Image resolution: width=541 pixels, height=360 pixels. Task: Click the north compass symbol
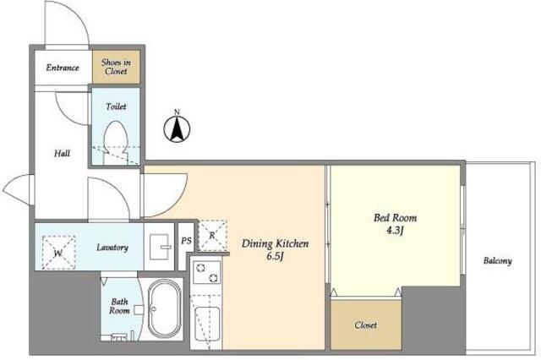[x=177, y=128]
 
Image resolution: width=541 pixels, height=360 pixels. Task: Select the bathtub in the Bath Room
[x=165, y=308]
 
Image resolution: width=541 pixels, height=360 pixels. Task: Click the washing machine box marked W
[x=58, y=252]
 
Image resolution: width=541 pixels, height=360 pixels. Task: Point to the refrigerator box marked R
[x=212, y=236]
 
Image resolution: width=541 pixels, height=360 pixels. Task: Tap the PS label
[x=186, y=240]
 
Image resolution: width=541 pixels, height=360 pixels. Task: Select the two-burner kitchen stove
[x=206, y=273]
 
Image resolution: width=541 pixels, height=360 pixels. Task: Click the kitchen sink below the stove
[x=207, y=324]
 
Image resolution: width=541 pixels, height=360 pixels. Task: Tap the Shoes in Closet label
[x=116, y=67]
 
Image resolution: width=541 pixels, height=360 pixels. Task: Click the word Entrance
[x=63, y=68]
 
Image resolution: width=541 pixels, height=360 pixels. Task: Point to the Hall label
[x=62, y=153]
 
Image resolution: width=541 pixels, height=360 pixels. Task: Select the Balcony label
[x=498, y=260]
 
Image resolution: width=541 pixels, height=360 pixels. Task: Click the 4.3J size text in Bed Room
[x=395, y=231]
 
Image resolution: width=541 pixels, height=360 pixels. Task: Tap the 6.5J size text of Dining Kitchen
[x=275, y=257]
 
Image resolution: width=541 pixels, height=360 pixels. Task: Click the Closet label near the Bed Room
[x=366, y=325]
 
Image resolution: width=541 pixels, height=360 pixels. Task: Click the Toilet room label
[x=116, y=106]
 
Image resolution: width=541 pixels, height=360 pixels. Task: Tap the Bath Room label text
[x=119, y=306]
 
